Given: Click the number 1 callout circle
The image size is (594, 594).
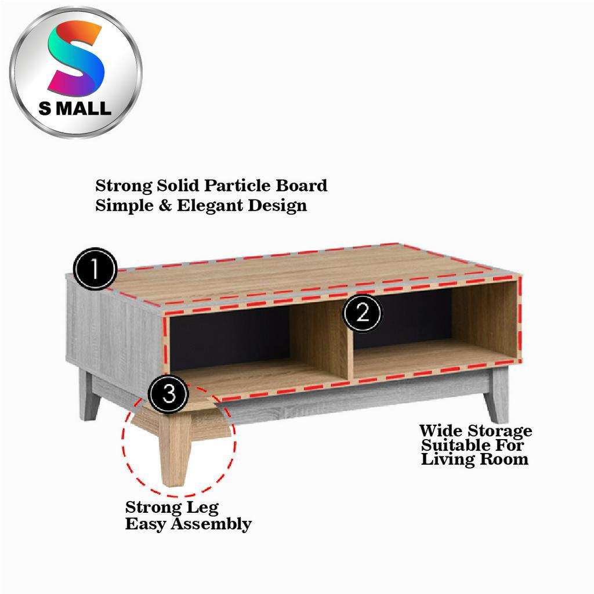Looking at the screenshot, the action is tap(95, 269).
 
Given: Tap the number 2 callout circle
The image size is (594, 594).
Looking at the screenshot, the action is tap(363, 313).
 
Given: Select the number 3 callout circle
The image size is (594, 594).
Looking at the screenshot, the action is tap(169, 394).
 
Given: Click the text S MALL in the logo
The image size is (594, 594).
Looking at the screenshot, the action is tap(75, 108).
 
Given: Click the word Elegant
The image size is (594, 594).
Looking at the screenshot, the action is tap(210, 206).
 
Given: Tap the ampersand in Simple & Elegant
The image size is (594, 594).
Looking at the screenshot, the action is tap(165, 206).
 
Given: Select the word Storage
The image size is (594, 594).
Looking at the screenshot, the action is tap(499, 432).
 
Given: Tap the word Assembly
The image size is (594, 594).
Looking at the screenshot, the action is tap(211, 524).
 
